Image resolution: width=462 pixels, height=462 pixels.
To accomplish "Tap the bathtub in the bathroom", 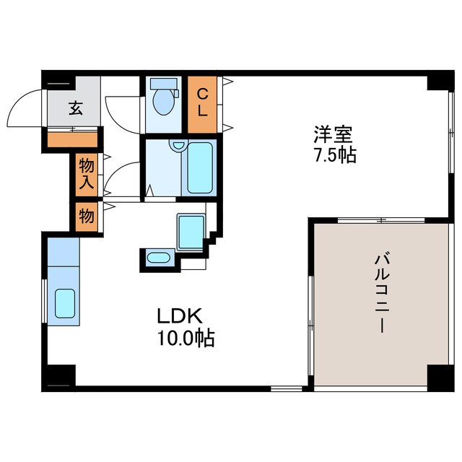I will point(200,167).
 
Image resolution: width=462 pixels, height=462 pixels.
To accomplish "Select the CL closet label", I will point(203,103).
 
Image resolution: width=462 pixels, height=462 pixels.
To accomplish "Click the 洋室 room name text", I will point(334,135).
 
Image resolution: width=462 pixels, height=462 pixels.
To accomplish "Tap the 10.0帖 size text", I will point(186,338).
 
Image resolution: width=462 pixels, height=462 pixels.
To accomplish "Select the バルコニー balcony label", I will point(383,291).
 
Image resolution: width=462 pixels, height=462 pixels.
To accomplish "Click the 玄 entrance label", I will point(74,109).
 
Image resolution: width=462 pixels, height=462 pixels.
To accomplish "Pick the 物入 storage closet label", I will point(86,174).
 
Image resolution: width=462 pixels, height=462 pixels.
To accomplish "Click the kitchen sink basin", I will point(65,304).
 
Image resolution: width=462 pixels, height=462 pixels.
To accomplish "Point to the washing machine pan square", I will point(191,231).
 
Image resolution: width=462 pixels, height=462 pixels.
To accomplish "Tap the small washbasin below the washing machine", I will point(159,257).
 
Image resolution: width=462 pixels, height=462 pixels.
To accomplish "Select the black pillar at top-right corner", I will point(438,80).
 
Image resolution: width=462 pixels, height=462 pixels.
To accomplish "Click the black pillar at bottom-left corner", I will point(61,376).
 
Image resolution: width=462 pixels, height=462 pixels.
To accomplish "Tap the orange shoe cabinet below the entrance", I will point(72,139).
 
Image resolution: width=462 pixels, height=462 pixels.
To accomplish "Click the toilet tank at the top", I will point(163,83).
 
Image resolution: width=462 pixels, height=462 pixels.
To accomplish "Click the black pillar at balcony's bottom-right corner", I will point(440,376).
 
